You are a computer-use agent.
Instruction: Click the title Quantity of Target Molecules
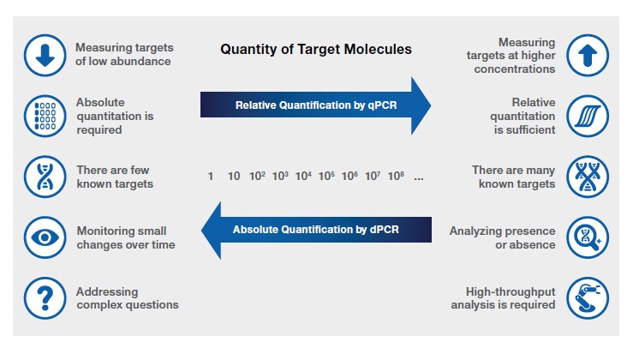316,50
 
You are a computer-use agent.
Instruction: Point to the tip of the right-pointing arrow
430,105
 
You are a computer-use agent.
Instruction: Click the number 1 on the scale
211,177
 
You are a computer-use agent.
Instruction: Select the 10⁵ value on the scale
326,177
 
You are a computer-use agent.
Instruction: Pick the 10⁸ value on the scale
396,177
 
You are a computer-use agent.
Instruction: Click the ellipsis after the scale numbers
419,178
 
